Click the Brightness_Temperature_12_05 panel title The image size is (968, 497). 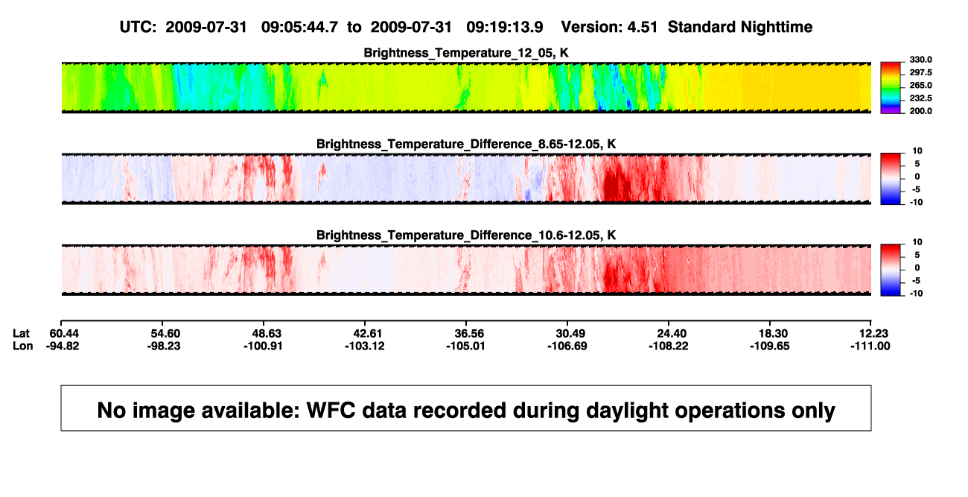point(465,53)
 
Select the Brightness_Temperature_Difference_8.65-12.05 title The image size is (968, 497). point(466,144)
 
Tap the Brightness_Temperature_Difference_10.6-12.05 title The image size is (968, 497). point(466,235)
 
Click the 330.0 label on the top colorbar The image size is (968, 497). point(920,60)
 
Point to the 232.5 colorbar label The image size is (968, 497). point(920,98)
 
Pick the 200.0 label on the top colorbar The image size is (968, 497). point(920,111)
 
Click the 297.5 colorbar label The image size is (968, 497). point(920,72)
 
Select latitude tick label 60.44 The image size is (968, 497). point(64,334)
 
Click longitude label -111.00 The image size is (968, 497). point(870,346)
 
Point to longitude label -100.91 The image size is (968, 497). point(263,346)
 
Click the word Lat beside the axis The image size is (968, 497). point(21,334)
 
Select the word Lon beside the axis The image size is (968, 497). point(23,346)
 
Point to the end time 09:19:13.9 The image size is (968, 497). point(505,28)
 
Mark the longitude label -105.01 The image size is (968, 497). point(465,346)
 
